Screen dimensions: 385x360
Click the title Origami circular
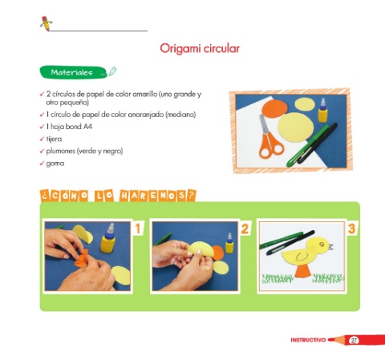coord(200,49)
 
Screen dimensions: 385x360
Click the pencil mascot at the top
coord(46,23)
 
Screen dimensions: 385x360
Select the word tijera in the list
coord(54,139)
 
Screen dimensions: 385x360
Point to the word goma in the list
coord(55,164)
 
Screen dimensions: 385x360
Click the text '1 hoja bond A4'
coord(69,127)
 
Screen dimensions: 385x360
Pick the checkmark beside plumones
coord(42,151)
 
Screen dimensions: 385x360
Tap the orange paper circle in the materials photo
coord(274,108)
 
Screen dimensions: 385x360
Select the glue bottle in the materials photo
coord(322,110)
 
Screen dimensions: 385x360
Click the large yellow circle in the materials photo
coord(295,127)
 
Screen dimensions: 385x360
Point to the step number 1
coord(138,229)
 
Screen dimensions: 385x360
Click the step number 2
coord(245,229)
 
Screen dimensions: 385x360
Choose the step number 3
coord(352,229)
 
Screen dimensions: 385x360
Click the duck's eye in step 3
coord(322,244)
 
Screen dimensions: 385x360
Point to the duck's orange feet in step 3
coord(303,272)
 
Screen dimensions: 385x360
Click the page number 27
coord(354,340)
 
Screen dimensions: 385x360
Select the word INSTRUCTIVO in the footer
coord(308,340)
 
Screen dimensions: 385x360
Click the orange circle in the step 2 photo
coord(218,253)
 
